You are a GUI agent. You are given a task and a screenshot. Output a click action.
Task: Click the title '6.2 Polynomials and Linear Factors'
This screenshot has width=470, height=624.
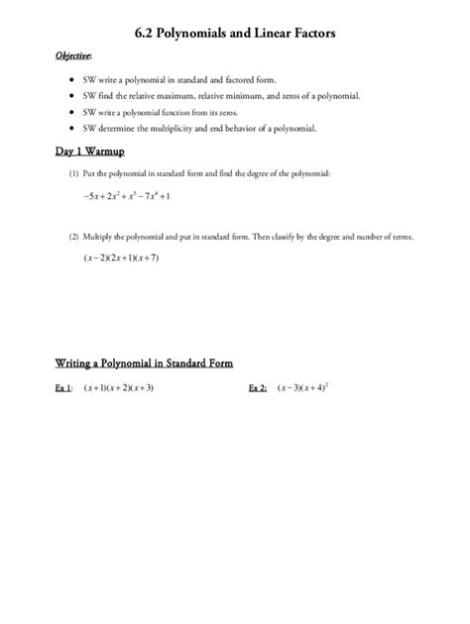pyautogui.click(x=235, y=33)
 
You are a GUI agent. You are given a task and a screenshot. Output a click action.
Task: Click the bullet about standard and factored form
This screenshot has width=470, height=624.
pyautogui.click(x=179, y=78)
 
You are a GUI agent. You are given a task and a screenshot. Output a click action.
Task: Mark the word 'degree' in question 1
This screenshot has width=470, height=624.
pyautogui.click(x=261, y=173)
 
